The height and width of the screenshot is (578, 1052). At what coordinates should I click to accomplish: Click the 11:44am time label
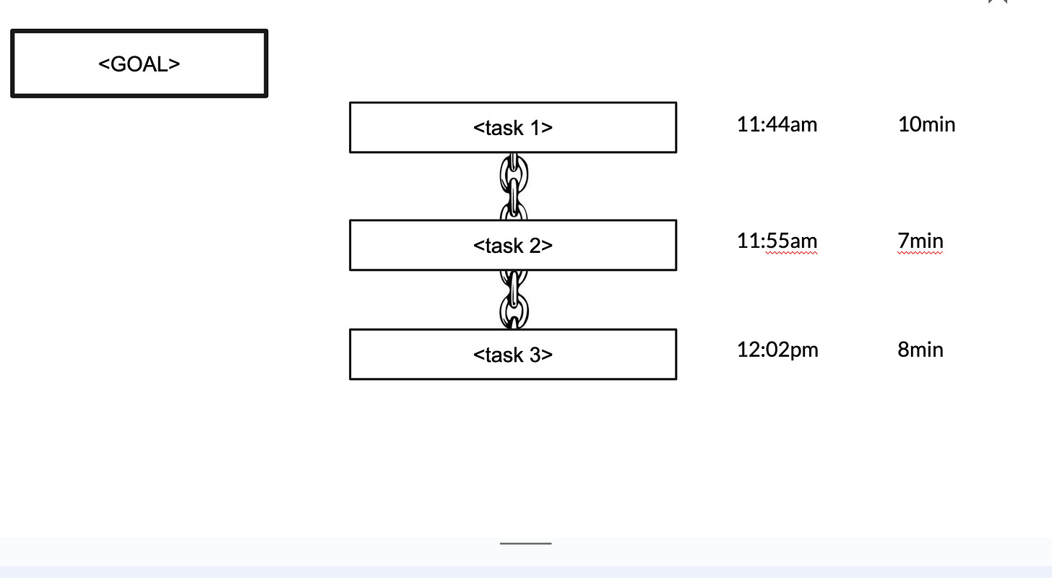[x=777, y=124]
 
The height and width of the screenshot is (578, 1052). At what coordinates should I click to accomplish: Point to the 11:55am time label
[x=777, y=241]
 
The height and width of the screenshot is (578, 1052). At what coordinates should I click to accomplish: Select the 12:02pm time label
[x=777, y=350]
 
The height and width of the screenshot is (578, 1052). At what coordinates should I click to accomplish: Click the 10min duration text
[x=926, y=124]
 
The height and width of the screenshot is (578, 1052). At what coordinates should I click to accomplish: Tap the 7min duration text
[x=920, y=241]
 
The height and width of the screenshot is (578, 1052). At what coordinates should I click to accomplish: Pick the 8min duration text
[x=920, y=350]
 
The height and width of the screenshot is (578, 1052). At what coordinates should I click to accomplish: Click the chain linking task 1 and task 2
[x=513, y=186]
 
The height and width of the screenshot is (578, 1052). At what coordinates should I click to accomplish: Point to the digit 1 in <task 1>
[x=535, y=128]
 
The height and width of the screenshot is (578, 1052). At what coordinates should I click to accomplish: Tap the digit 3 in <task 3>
[x=535, y=355]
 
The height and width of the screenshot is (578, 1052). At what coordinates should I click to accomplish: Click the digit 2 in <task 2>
[x=535, y=246]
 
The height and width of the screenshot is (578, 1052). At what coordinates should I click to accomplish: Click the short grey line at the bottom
[x=525, y=543]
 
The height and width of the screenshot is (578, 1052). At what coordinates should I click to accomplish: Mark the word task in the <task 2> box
[x=504, y=246]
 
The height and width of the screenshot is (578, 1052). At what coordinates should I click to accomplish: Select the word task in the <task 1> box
[x=504, y=128]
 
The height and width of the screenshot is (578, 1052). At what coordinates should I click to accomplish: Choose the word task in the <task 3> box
[x=504, y=355]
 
